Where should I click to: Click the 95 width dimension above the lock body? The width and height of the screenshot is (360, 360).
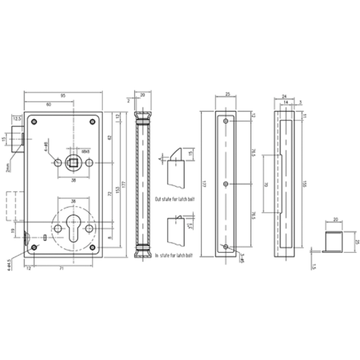63,96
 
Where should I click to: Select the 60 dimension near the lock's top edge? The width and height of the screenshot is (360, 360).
49,105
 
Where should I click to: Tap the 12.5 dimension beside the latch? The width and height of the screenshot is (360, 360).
17,119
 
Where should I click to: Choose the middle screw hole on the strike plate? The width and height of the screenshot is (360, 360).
226,184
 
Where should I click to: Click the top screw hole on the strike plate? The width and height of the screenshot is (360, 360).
226,122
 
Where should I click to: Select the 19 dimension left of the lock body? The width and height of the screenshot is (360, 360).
13,230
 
